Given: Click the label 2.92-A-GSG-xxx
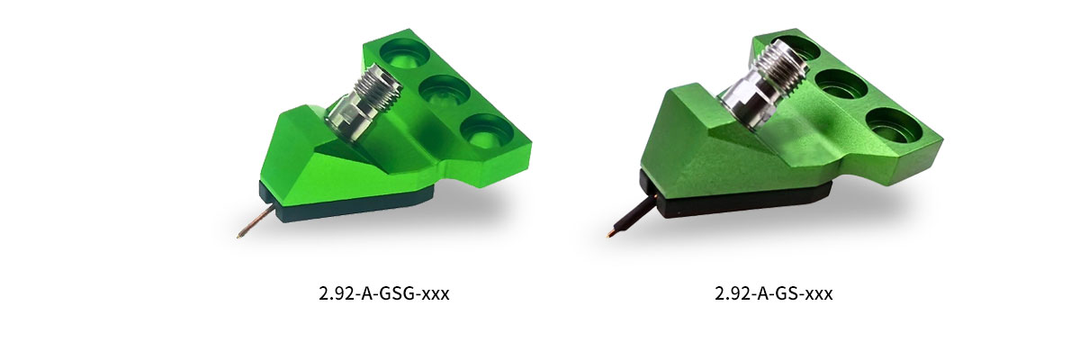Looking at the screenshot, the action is pos(383,293).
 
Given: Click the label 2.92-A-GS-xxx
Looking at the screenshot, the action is pos(773,293).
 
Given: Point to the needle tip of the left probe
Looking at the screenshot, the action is pos(239,236).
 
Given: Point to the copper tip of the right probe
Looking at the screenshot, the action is pos(609,235).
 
